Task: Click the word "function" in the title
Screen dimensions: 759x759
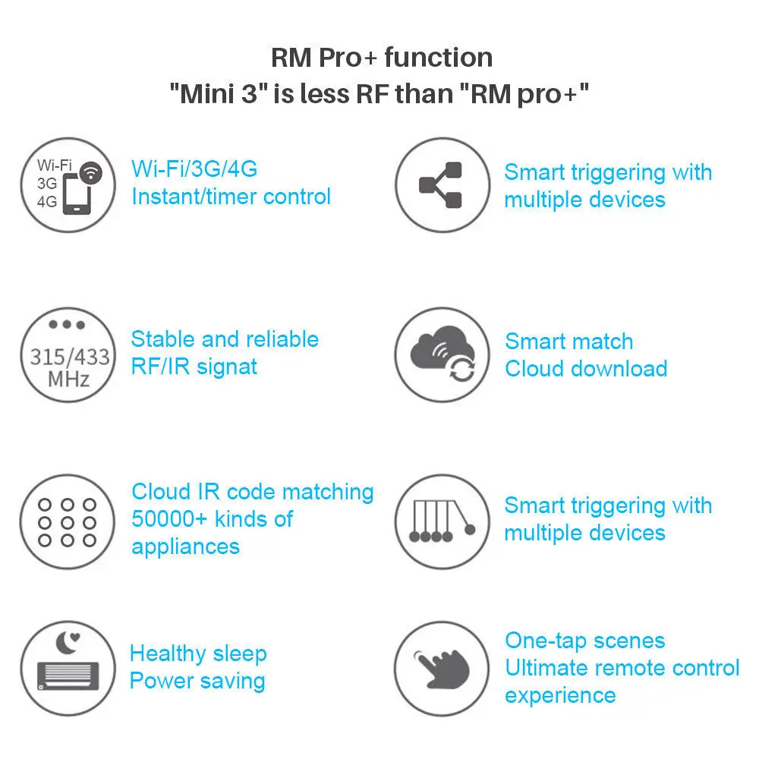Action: (439, 57)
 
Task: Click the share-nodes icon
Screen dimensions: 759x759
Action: (440, 185)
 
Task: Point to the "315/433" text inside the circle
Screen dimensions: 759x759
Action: (70, 357)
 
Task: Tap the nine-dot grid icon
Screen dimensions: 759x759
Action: (68, 523)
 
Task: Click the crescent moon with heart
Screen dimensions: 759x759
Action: (68, 643)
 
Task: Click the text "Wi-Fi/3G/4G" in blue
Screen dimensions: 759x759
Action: (194, 169)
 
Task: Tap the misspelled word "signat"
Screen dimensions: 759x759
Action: (226, 367)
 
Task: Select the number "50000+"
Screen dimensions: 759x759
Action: (169, 519)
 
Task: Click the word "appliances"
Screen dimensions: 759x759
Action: (185, 547)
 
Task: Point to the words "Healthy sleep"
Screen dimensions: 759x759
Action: (198, 653)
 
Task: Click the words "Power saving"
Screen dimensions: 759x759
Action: (197, 681)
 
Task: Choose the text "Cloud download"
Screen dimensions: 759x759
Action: (586, 369)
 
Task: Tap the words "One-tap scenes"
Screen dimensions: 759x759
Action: (585, 641)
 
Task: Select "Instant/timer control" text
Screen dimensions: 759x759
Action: (231, 197)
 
